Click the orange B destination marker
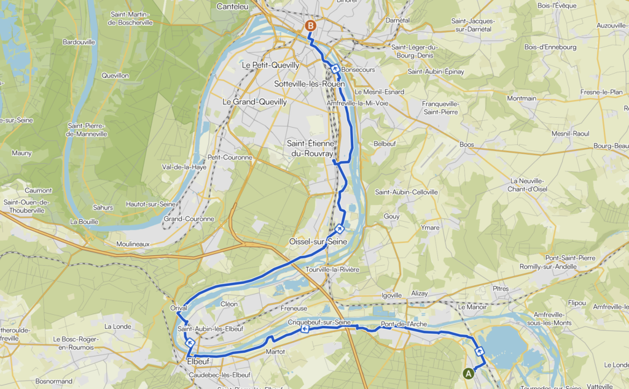311,26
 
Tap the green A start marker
468,372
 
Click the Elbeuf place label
198,362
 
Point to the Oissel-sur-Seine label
318,242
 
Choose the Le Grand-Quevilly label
254,102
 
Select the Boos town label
467,145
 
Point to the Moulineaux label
133,244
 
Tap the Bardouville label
79,42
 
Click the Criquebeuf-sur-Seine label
319,323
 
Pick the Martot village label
275,352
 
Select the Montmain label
522,98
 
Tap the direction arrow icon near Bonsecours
335,69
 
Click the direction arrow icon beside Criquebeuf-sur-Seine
305,329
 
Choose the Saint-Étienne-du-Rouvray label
311,148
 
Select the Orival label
178,308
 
